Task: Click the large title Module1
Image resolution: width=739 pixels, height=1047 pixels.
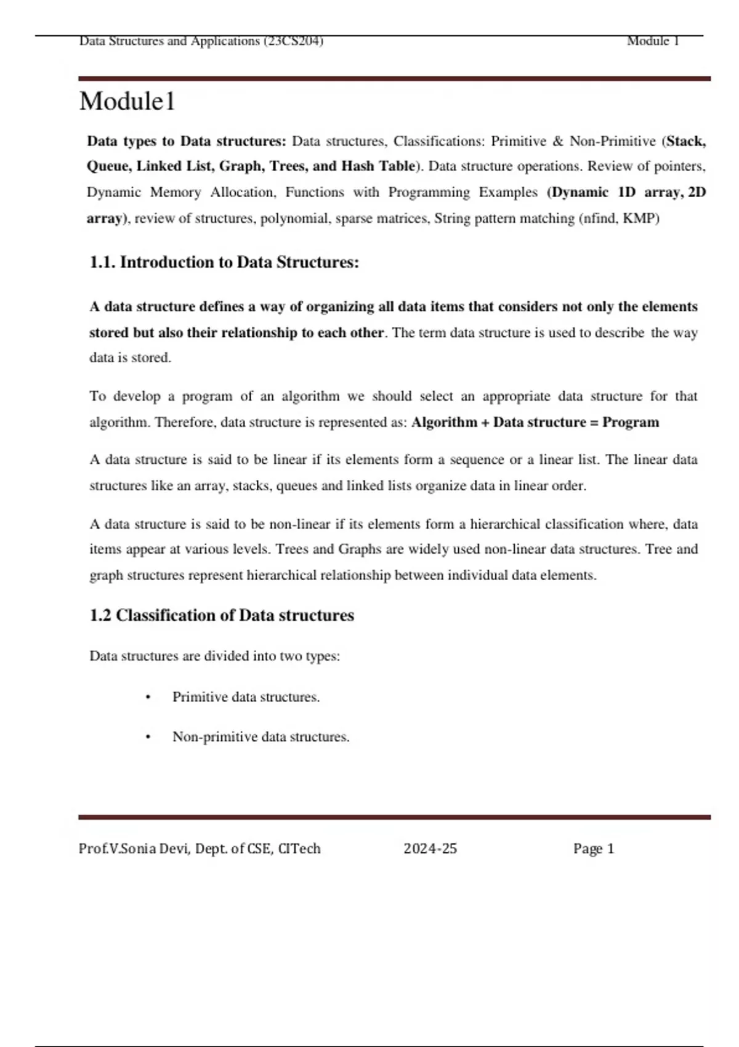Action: click(127, 102)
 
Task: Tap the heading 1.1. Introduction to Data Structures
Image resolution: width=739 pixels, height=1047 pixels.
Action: click(224, 262)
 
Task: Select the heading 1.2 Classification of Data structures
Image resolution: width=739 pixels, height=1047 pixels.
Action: click(222, 615)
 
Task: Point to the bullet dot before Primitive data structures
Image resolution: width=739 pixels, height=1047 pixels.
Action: click(148, 698)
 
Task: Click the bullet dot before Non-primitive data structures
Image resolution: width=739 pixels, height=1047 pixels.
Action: click(148, 737)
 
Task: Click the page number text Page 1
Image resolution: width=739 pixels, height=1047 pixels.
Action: click(594, 849)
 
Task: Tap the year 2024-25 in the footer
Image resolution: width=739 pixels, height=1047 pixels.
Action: click(430, 849)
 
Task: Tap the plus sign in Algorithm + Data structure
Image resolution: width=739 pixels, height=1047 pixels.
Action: click(485, 422)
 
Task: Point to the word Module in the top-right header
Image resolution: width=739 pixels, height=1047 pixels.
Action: click(648, 41)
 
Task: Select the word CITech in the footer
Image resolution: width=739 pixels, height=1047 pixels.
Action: click(299, 849)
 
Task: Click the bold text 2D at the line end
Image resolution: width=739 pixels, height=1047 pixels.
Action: click(697, 192)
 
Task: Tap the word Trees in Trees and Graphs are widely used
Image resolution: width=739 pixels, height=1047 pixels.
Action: click(292, 549)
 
